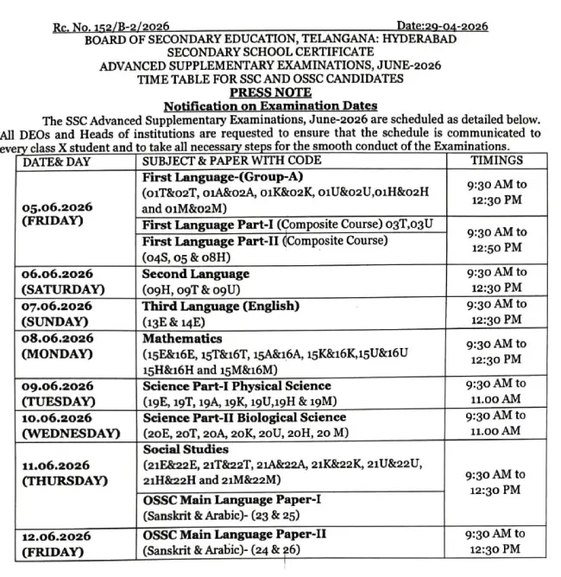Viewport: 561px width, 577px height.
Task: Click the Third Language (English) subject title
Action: [x=221, y=306]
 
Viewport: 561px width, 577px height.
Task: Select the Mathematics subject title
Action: [x=182, y=338]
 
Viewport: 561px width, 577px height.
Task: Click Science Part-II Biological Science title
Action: [x=244, y=417]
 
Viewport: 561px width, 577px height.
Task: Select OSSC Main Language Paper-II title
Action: [x=235, y=534]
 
